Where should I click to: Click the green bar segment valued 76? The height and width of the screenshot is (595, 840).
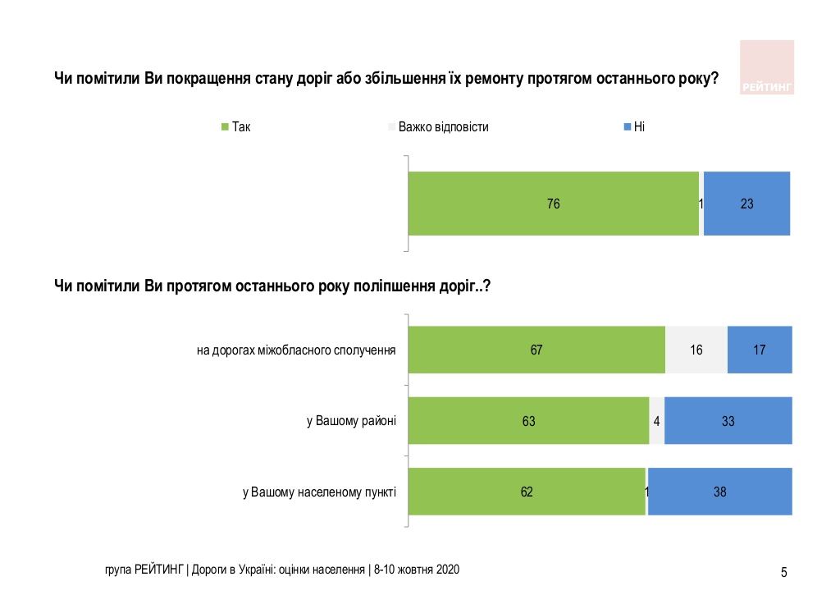coord(554,204)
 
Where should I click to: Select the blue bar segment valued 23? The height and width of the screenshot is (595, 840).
coord(746,204)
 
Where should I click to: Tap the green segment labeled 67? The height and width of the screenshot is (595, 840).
coord(536,350)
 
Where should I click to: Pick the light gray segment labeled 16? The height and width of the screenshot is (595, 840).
coord(696,350)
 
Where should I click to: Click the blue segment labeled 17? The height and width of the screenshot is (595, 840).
coord(760,350)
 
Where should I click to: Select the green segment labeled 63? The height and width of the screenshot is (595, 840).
coord(528,421)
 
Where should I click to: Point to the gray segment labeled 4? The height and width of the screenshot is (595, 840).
coord(656,421)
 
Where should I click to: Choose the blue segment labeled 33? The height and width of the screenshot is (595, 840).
coord(728,421)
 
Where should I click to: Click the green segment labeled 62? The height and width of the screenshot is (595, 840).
coord(527,492)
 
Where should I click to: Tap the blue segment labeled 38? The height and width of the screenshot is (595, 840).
coord(720,492)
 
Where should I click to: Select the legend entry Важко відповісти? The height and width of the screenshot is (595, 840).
coord(438,127)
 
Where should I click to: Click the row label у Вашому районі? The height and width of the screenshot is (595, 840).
coord(351,421)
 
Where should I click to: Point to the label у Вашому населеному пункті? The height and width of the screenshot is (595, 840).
coord(319,492)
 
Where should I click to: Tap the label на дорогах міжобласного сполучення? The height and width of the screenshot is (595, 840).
coord(296,350)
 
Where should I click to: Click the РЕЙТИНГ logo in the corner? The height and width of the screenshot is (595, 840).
coord(767,67)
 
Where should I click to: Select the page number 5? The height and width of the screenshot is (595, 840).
coord(783,572)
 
